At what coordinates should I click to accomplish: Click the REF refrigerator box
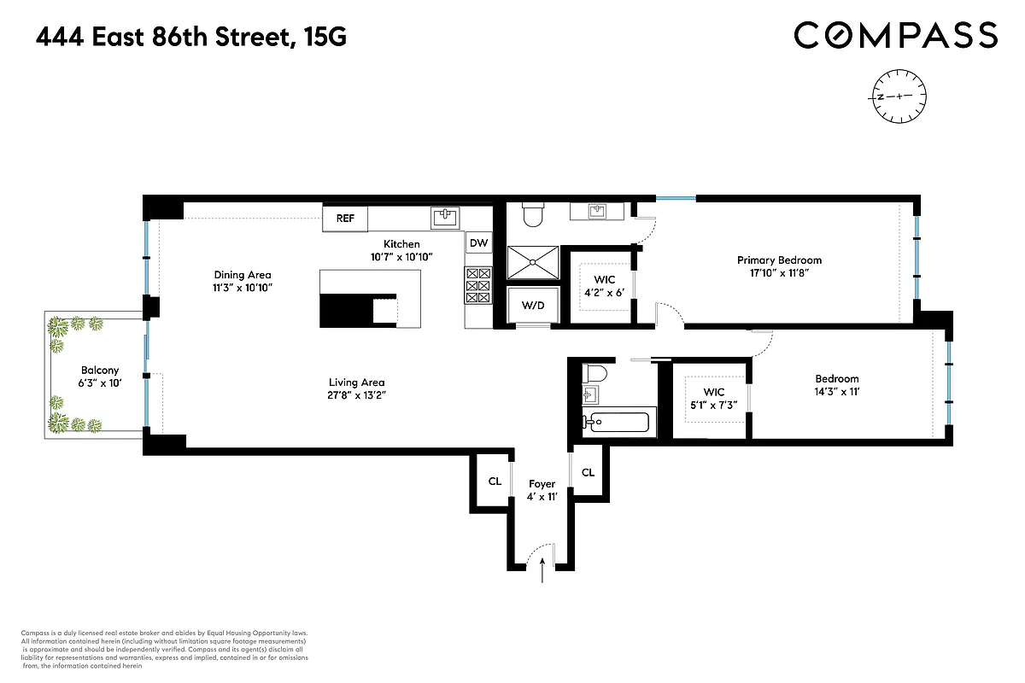pyautogui.click(x=345, y=219)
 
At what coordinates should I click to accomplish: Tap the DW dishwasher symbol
pyautogui.click(x=478, y=243)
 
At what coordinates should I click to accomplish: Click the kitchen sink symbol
pyautogui.click(x=445, y=218)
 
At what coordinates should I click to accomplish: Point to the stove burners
pyautogui.click(x=478, y=286)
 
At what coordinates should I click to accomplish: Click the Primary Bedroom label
pyautogui.click(x=779, y=260)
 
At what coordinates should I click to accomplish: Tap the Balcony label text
pyautogui.click(x=100, y=371)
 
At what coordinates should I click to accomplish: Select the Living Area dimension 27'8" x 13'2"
pyautogui.click(x=356, y=394)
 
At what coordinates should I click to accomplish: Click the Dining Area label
pyautogui.click(x=242, y=275)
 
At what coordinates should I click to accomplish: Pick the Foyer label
pyautogui.click(x=542, y=484)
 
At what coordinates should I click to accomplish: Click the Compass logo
pyautogui.click(x=895, y=35)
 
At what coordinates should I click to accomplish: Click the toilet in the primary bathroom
pyautogui.click(x=531, y=215)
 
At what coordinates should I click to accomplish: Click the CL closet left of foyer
pyautogui.click(x=495, y=481)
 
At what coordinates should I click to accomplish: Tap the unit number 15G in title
pyautogui.click(x=325, y=38)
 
